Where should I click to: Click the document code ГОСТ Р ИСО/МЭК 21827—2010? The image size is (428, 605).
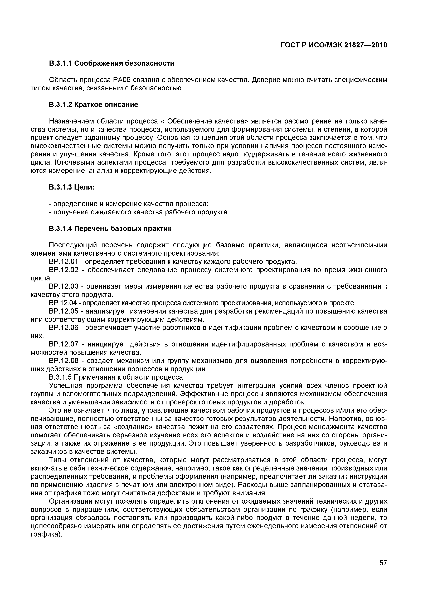click(x=334, y=45)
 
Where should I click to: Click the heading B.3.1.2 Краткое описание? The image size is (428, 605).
click(x=93, y=105)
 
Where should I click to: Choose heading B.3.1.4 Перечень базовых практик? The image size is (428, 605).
click(x=110, y=229)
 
